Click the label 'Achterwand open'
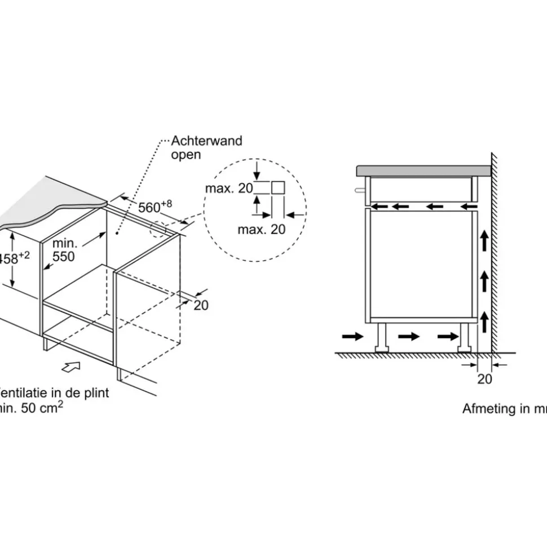pyautogui.click(x=206, y=147)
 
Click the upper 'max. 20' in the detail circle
pyautogui.click(x=229, y=188)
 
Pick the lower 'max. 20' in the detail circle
pyautogui.click(x=261, y=229)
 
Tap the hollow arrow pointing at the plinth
pyautogui.click(x=70, y=367)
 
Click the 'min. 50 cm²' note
pyautogui.click(x=31, y=407)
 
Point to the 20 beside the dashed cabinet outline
pyautogui.click(x=201, y=305)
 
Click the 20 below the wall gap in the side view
pyautogui.click(x=484, y=379)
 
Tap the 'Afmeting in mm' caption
pyautogui.click(x=504, y=409)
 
